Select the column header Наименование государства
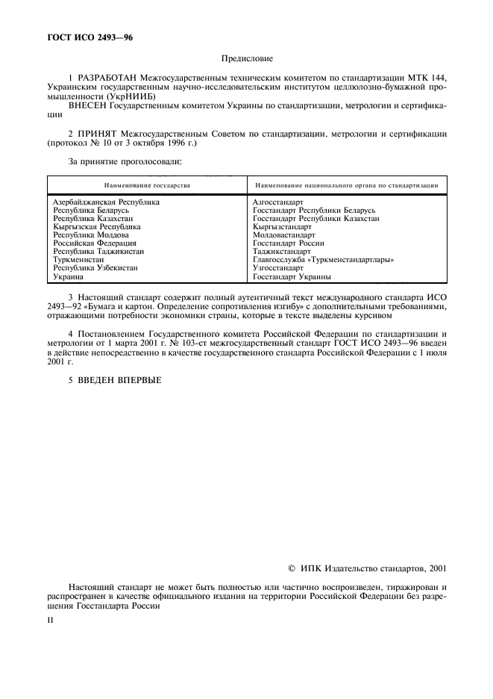coord(147,184)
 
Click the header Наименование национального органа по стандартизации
coord(346,184)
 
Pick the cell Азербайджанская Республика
coord(107,202)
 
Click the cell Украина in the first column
coord(69,276)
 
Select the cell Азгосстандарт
coord(278,202)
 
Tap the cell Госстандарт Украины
coord(292,276)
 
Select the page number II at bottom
coord(50,620)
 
